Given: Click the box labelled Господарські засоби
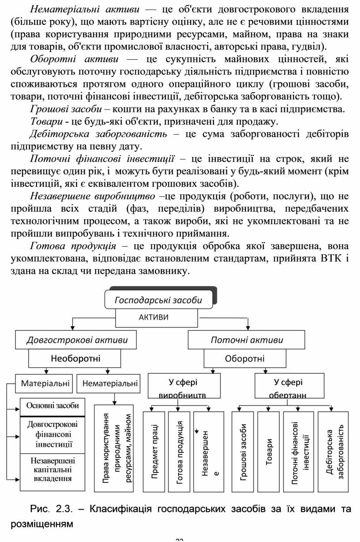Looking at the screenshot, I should point(158,300).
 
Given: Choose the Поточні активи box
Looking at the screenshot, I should point(247,340).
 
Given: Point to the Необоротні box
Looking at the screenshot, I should point(75,358).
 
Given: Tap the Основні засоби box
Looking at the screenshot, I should point(52,406).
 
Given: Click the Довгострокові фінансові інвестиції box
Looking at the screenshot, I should point(52,434).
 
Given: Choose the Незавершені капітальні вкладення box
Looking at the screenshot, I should point(52,470).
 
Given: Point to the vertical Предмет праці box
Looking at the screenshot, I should point(154,452).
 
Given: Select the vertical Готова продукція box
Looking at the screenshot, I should point(179,452).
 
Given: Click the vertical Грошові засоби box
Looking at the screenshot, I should point(243,452).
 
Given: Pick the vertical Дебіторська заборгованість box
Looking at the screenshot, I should point(334,452).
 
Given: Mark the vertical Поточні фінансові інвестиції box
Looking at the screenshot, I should point(299,452).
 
